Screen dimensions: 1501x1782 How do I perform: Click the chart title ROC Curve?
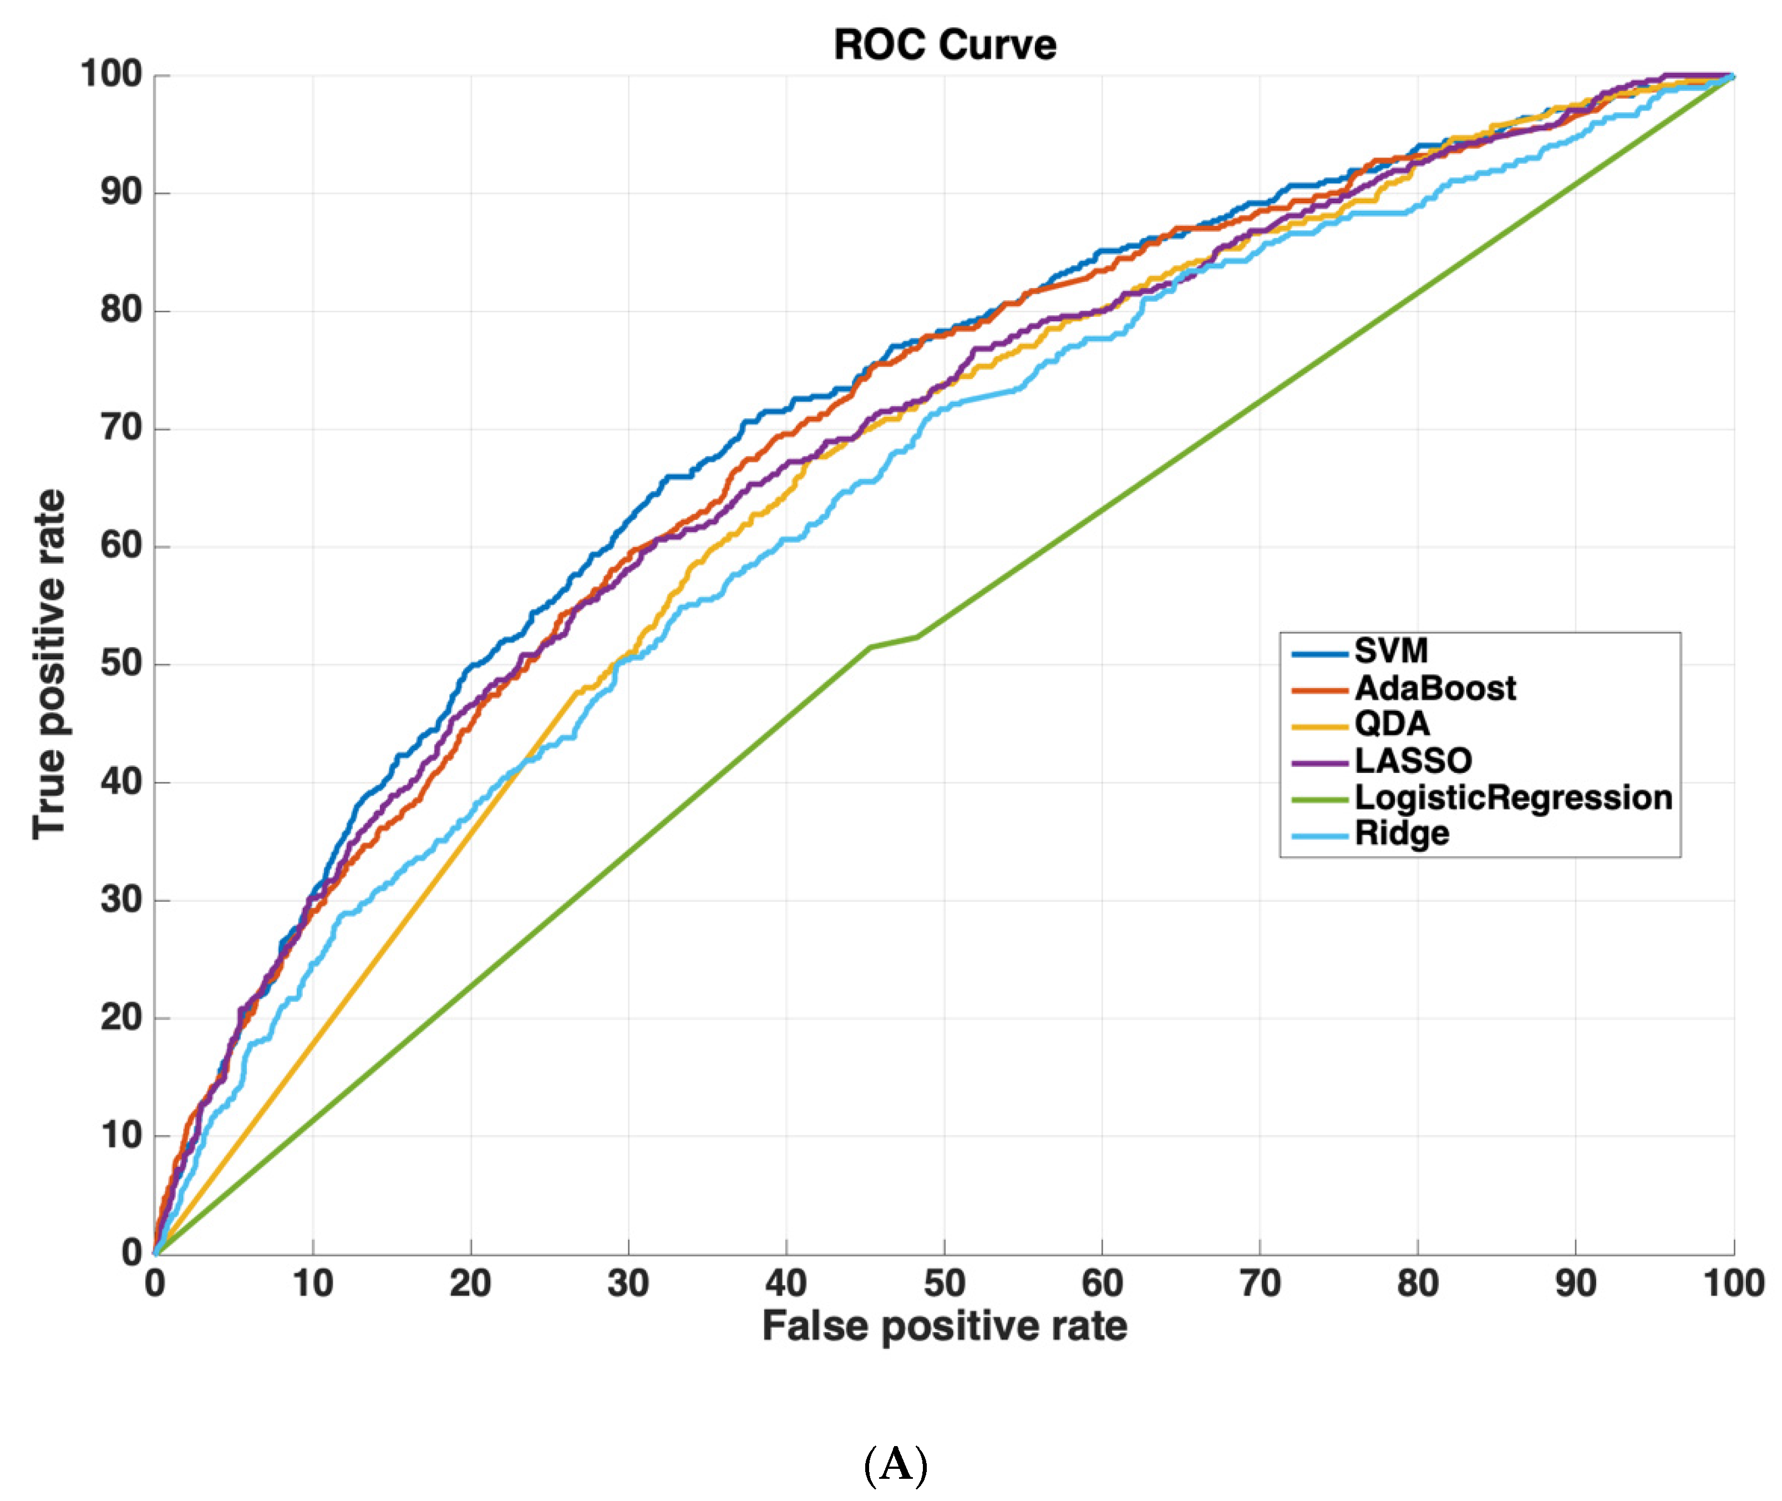pyautogui.click(x=944, y=45)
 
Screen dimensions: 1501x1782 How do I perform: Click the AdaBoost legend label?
pyautogui.click(x=1434, y=688)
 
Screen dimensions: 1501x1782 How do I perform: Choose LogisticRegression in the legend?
pyautogui.click(x=1512, y=797)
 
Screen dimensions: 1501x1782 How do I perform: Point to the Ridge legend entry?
pyautogui.click(x=1401, y=833)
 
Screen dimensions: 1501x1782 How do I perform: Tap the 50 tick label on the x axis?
pyautogui.click(x=944, y=1283)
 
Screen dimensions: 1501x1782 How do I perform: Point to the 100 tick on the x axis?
pyautogui.click(x=1733, y=1283)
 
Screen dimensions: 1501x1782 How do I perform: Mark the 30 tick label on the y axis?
pyautogui.click(x=121, y=899)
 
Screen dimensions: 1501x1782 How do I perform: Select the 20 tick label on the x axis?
pyautogui.click(x=470, y=1283)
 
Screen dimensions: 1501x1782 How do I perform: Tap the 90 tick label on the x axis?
pyautogui.click(x=1575, y=1283)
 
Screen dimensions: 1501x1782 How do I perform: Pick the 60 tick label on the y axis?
pyautogui.click(x=121, y=545)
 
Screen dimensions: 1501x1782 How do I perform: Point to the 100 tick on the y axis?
pyautogui.click(x=110, y=75)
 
